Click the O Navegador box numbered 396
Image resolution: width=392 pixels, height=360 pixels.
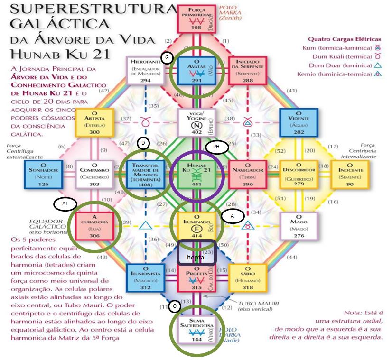click(246, 174)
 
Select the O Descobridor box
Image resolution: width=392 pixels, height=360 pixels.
click(297, 174)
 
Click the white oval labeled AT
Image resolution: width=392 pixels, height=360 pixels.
click(65, 204)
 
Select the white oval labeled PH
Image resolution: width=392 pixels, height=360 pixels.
click(216, 148)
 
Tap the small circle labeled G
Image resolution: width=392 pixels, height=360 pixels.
click(167, 57)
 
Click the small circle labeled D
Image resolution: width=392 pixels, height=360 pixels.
click(142, 143)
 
